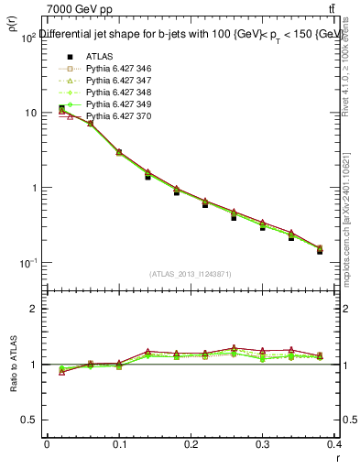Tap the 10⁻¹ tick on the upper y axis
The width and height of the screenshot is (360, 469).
(x=27, y=264)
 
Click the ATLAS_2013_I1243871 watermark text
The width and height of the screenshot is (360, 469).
(x=191, y=274)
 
